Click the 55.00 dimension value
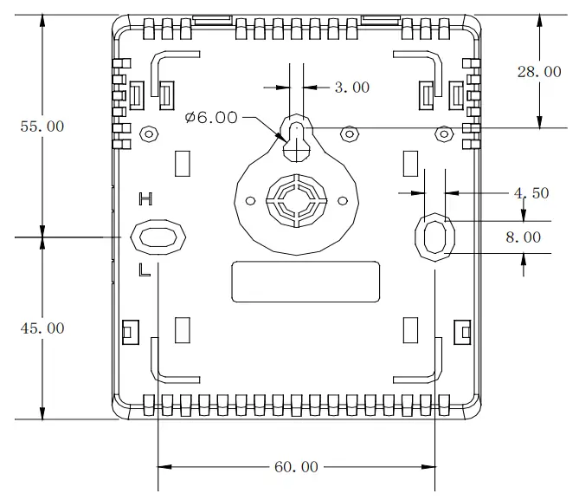click(42, 127)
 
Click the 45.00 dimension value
click(42, 328)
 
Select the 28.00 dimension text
click(539, 72)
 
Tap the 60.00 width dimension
click(296, 467)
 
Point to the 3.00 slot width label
click(351, 88)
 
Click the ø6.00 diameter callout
click(211, 118)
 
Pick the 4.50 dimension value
click(531, 193)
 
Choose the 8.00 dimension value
click(524, 237)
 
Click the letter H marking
click(146, 199)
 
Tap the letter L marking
click(145, 270)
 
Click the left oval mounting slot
click(157, 237)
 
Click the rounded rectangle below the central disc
click(306, 282)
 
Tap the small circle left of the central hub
click(251, 200)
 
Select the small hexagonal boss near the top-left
click(148, 133)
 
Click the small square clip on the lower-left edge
click(130, 330)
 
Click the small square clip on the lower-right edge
click(463, 330)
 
